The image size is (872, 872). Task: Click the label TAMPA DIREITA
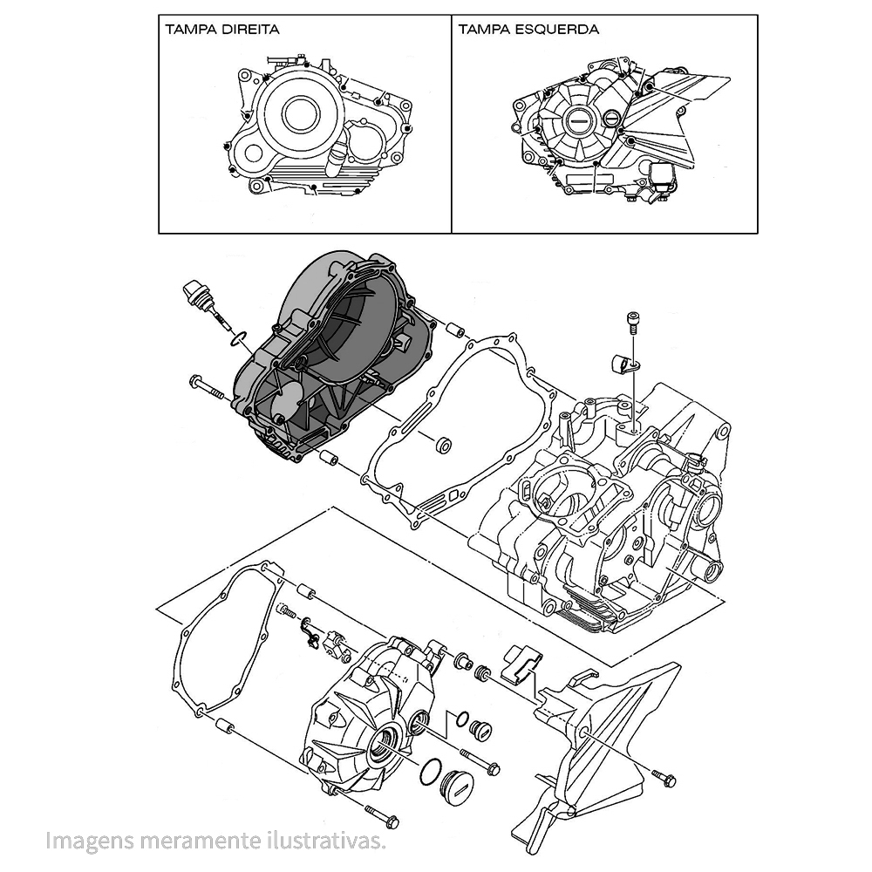(221, 29)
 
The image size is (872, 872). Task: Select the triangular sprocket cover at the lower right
(593, 741)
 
